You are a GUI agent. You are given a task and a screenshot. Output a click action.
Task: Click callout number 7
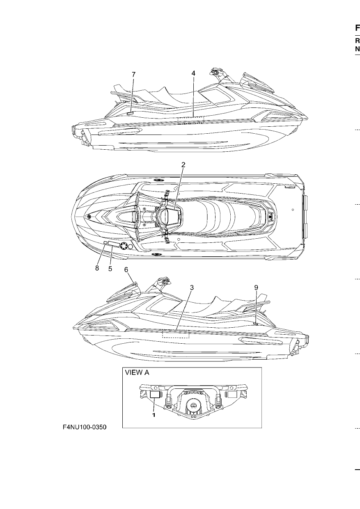pos(133,74)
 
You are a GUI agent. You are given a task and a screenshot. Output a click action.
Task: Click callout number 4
pos(193,73)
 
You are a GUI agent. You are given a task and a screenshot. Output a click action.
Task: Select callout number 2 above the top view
pos(183,165)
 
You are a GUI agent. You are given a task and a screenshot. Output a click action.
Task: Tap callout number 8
pos(97,268)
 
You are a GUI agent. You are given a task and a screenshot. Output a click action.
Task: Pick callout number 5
pos(110,269)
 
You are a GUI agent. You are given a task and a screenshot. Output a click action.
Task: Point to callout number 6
pos(126,270)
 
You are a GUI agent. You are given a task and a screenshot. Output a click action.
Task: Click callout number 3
pos(192,288)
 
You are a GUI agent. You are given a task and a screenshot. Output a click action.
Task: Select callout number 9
pos(256,288)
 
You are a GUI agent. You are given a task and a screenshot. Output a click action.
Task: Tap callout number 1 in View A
pos(154,415)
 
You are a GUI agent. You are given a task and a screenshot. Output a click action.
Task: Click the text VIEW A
pos(137,373)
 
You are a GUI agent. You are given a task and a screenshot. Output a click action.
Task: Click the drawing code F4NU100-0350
pos(85,427)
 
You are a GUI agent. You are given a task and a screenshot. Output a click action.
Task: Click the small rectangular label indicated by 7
pos(130,113)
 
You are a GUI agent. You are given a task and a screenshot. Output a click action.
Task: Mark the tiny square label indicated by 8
pos(105,243)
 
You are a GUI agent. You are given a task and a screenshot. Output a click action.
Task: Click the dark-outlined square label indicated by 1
pos(155,395)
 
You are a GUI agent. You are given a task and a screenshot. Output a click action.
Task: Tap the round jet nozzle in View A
pos(193,405)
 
